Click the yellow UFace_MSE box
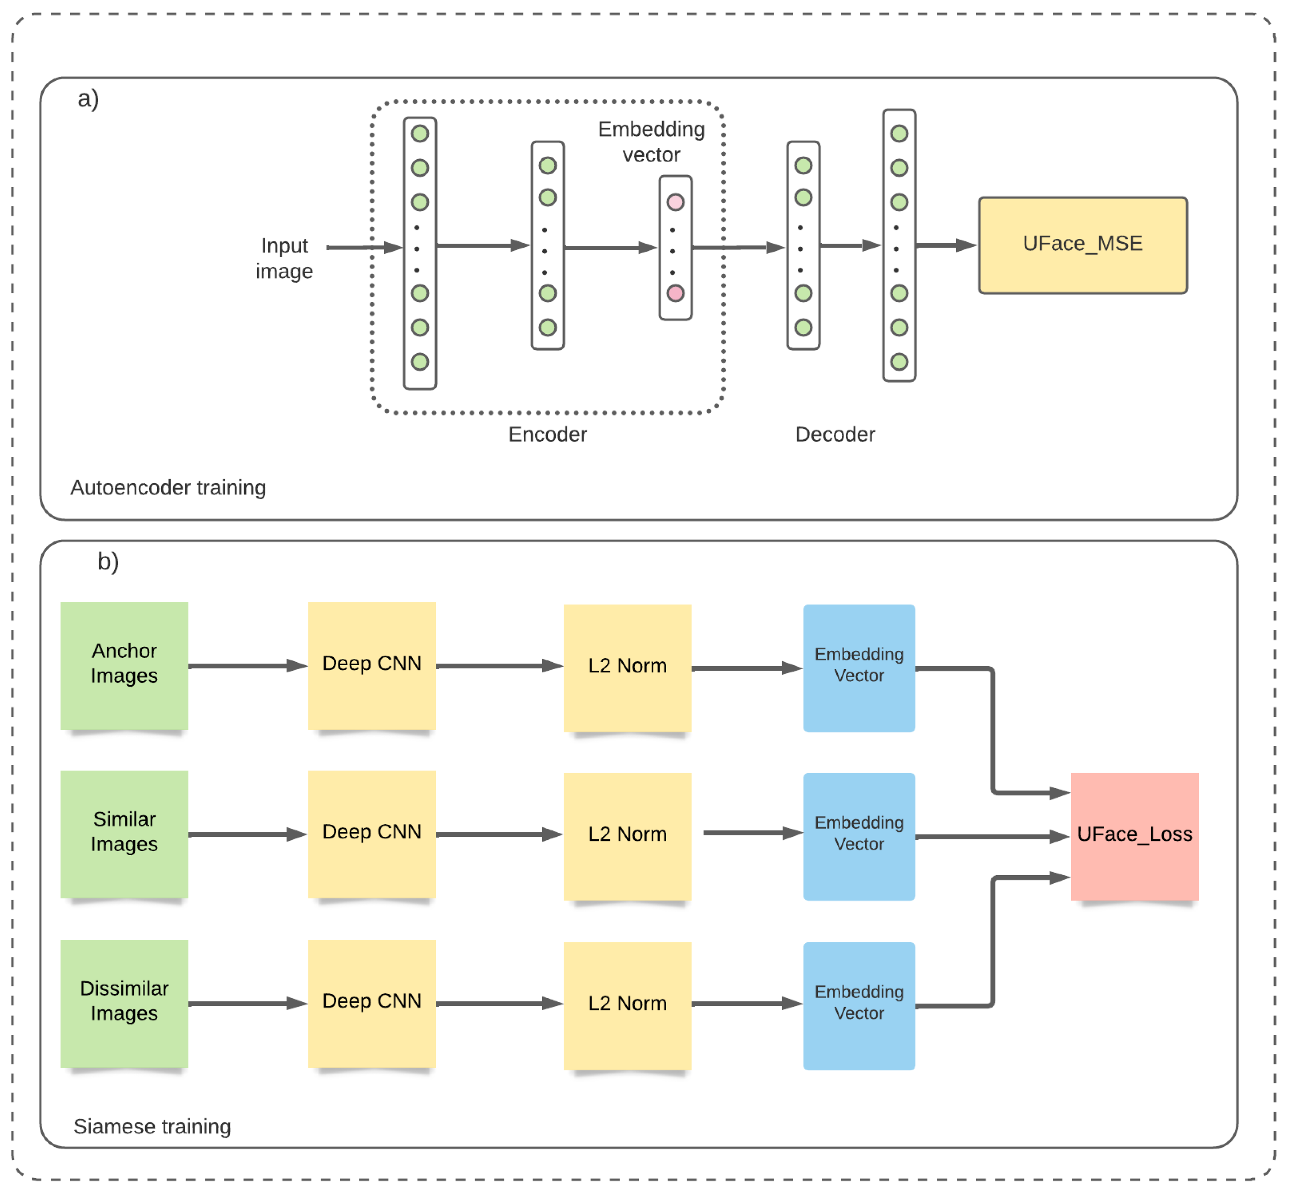click(1082, 245)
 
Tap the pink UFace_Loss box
click(1134, 836)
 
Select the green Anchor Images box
click(124, 665)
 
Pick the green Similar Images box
click(124, 834)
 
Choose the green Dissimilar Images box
click(124, 1003)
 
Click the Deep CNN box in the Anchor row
click(371, 665)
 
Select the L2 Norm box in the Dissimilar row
click(627, 1005)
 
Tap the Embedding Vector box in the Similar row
click(859, 836)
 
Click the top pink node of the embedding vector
click(675, 202)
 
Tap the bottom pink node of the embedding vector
click(675, 293)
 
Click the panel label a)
click(88, 99)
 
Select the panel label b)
click(107, 561)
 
